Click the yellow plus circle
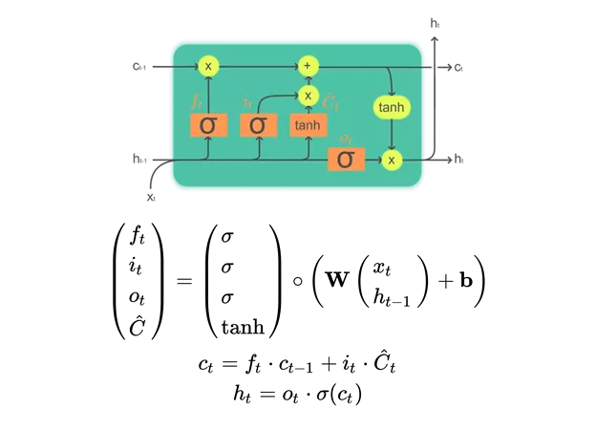[x=308, y=66]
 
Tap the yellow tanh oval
[x=391, y=107]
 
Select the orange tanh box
[x=308, y=125]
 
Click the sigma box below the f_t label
[x=207, y=125]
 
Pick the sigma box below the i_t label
[x=257, y=125]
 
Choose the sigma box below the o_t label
[x=345, y=160]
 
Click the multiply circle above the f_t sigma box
[x=207, y=66]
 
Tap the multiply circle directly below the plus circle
[x=308, y=96]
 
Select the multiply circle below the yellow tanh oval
[x=391, y=160]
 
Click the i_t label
[x=245, y=99]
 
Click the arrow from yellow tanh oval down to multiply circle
[x=391, y=136]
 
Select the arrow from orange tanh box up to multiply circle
[x=308, y=110]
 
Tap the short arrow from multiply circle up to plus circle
[x=308, y=80]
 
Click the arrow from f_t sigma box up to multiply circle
[x=207, y=94]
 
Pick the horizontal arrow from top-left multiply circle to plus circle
[x=256, y=66]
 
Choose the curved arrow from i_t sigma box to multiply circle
[x=272, y=96]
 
